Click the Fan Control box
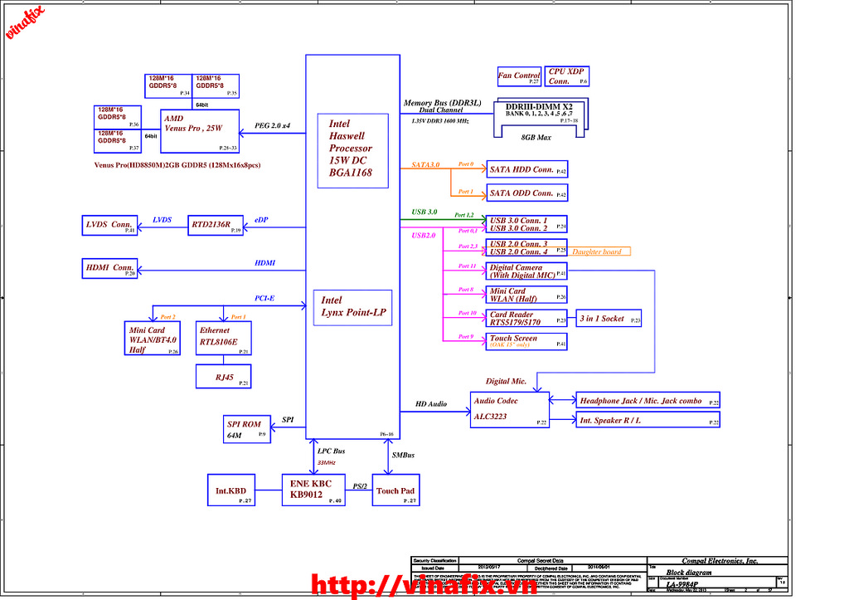[x=519, y=76]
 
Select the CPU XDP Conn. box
[x=567, y=76]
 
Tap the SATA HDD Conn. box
[x=527, y=169]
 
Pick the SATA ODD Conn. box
[x=527, y=193]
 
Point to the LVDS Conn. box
[x=109, y=224]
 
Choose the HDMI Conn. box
[x=109, y=268]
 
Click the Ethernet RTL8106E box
[x=222, y=338]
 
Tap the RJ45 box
[x=223, y=376]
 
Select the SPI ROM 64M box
[x=245, y=429]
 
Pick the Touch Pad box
[x=395, y=490]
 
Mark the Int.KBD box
[x=232, y=490]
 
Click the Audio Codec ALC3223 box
[x=509, y=410]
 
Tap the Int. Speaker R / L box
[x=648, y=421]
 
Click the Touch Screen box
[x=527, y=341]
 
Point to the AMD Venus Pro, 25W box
[x=199, y=130]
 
